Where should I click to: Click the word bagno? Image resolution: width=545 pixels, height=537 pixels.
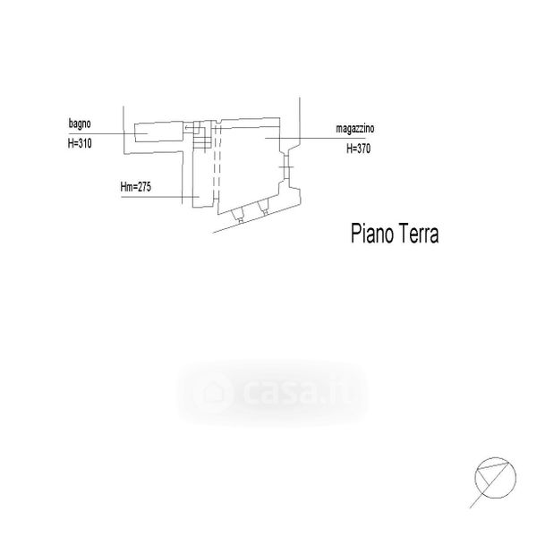(80, 124)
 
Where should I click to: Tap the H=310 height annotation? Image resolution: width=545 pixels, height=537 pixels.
(80, 143)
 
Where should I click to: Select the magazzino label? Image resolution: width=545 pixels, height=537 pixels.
(355, 129)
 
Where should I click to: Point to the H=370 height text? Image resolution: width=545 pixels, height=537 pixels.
(358, 149)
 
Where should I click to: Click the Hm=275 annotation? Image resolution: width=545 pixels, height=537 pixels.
(135, 187)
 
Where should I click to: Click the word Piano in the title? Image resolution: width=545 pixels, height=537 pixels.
(372, 234)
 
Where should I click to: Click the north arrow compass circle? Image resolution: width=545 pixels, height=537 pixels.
(495, 478)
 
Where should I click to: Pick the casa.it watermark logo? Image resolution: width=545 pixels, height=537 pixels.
(273, 393)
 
